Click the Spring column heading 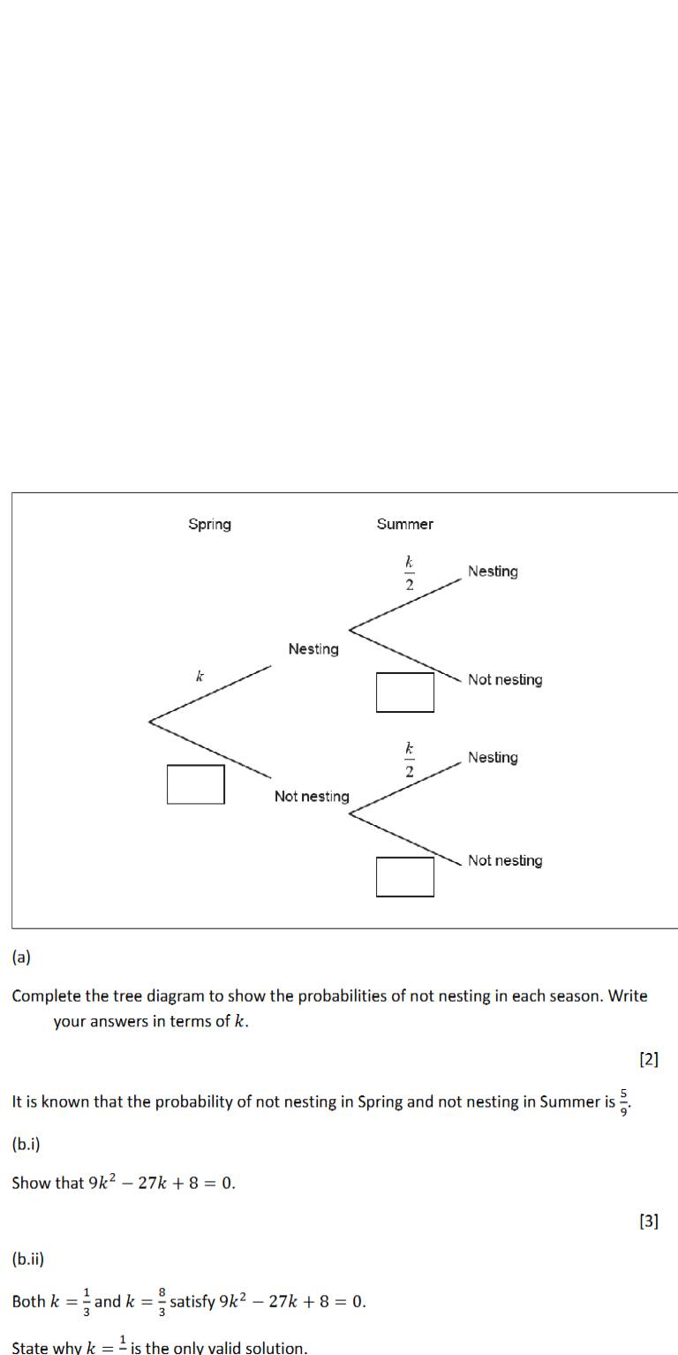pyautogui.click(x=209, y=524)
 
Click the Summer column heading pyautogui.click(x=404, y=524)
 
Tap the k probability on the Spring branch pyautogui.click(x=200, y=677)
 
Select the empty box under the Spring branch pyautogui.click(x=195, y=784)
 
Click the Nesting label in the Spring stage pyautogui.click(x=313, y=649)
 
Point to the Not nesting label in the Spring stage pyautogui.click(x=311, y=797)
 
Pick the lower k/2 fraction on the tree pyautogui.click(x=409, y=760)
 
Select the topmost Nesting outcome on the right pyautogui.click(x=493, y=572)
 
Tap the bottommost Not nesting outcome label pyautogui.click(x=505, y=860)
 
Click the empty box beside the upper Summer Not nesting pyautogui.click(x=405, y=692)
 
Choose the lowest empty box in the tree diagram pyautogui.click(x=405, y=876)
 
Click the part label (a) pyautogui.click(x=21, y=957)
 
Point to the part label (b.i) pyautogui.click(x=26, y=1144)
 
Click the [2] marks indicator pyautogui.click(x=648, y=1059)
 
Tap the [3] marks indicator pyautogui.click(x=648, y=1221)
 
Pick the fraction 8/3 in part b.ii pyautogui.click(x=162, y=1301)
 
